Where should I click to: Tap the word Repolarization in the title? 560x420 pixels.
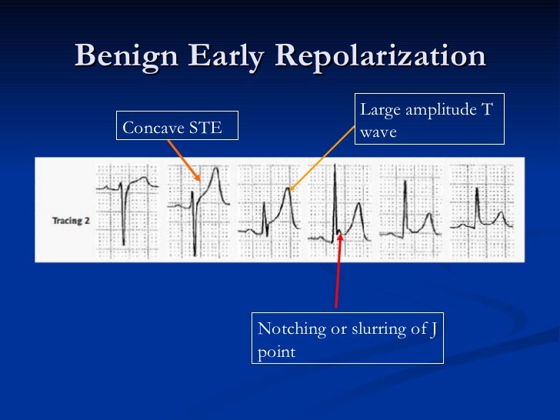(x=380, y=56)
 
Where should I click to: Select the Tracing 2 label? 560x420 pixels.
(x=71, y=220)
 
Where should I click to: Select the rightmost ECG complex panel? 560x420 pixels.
(x=482, y=206)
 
